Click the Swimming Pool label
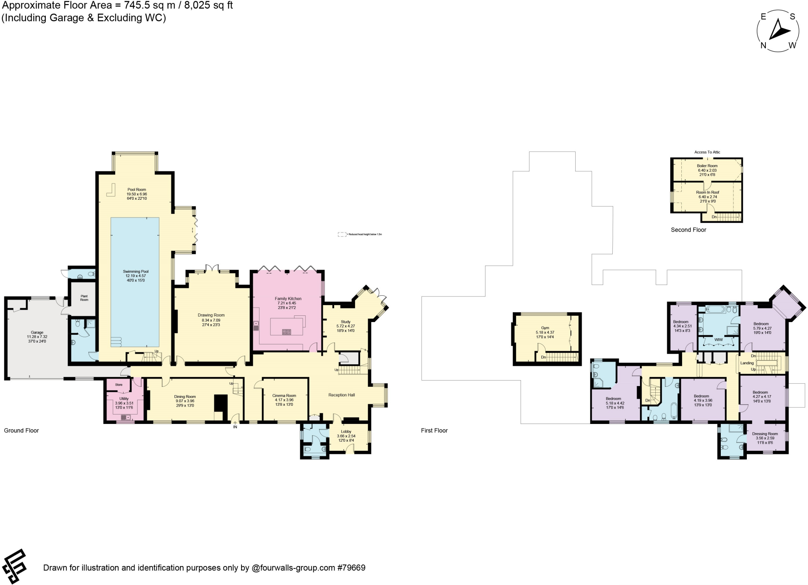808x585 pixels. [135, 272]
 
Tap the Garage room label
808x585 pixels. [37, 332]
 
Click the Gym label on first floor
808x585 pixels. [545, 328]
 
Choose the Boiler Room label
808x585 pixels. [707, 166]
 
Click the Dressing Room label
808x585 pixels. [765, 434]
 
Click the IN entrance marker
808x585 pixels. [235, 427]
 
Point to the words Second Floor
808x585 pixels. [688, 230]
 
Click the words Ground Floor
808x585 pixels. [21, 431]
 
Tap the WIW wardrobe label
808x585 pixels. [718, 339]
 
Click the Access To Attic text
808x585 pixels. [707, 152]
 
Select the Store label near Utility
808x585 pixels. [119, 384]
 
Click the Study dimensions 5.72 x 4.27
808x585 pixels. [345, 326]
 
